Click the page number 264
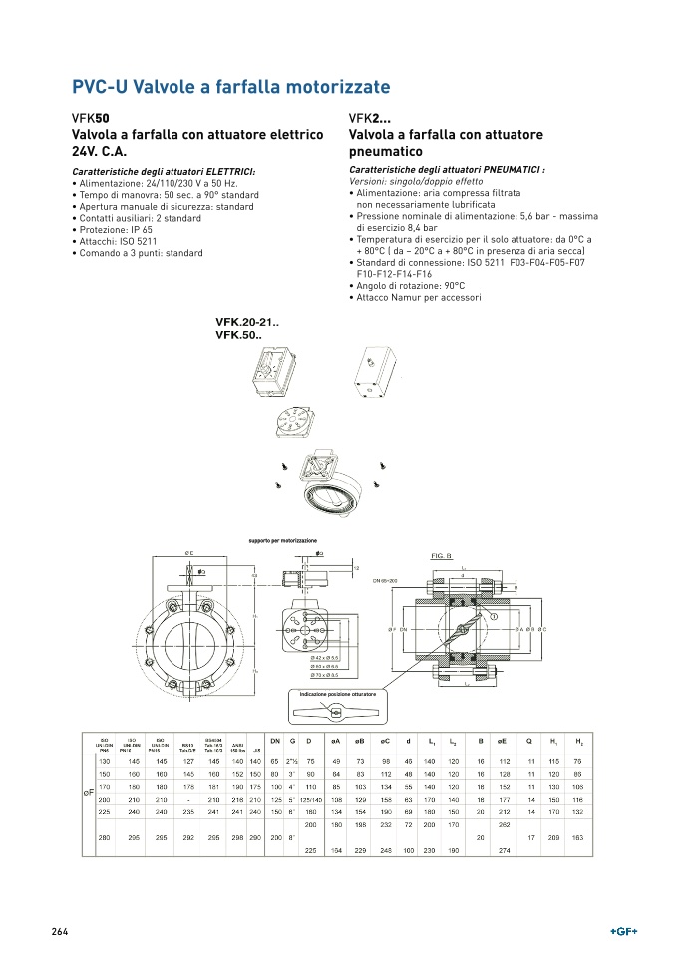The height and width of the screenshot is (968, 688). [x=60, y=931]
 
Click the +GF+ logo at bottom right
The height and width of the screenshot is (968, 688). [x=623, y=931]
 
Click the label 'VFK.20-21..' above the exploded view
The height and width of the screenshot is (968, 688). [x=247, y=322]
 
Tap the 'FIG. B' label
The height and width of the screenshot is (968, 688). [x=441, y=555]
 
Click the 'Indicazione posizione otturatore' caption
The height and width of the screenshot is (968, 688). [x=337, y=694]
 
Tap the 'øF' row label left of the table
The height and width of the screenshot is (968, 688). [x=88, y=791]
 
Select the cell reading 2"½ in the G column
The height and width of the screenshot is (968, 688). [x=293, y=761]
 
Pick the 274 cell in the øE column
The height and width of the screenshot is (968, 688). [x=504, y=849]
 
